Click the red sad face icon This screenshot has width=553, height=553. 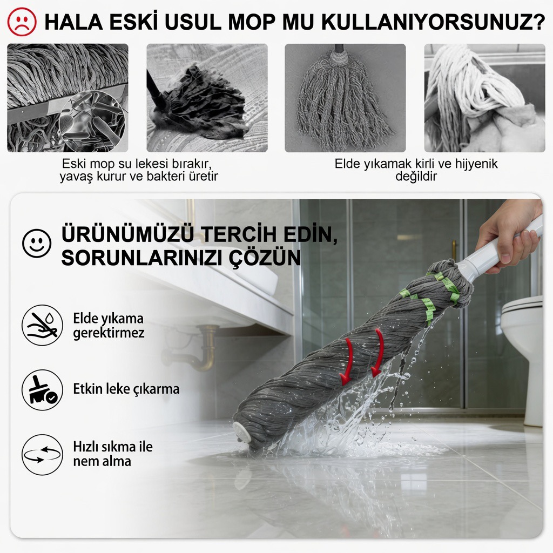(x=22, y=22)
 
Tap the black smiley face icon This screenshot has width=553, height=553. (x=37, y=244)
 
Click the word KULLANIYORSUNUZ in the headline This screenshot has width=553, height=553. (x=434, y=22)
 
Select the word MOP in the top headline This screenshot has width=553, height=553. (x=252, y=22)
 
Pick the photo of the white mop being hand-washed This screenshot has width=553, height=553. (x=484, y=98)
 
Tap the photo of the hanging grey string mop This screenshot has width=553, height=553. (x=345, y=98)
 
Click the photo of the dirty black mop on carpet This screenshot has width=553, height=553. (x=207, y=98)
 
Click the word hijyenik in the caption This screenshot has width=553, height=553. (x=476, y=164)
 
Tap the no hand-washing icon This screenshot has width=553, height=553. (x=42, y=325)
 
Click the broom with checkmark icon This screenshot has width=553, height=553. (x=42, y=390)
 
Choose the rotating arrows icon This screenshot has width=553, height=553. (x=42, y=455)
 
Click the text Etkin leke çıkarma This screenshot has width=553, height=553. (x=126, y=389)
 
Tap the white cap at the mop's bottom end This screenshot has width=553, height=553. (x=242, y=432)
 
